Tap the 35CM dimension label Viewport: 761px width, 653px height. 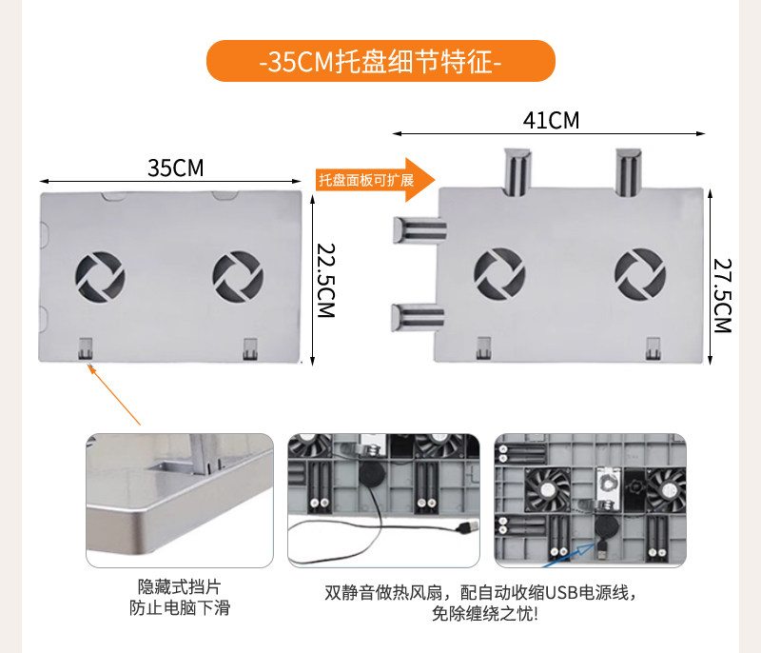point(176,168)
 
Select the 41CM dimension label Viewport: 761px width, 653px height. point(551,121)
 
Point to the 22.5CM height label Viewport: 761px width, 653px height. point(326,281)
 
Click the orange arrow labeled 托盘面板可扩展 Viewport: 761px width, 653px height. point(375,180)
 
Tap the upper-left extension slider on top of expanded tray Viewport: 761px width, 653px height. point(515,170)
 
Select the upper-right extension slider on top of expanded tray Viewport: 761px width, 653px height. point(629,170)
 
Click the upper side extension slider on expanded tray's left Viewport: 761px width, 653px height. point(420,229)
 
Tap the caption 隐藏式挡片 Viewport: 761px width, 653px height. point(179,586)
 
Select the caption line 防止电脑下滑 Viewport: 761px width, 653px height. point(179,607)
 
